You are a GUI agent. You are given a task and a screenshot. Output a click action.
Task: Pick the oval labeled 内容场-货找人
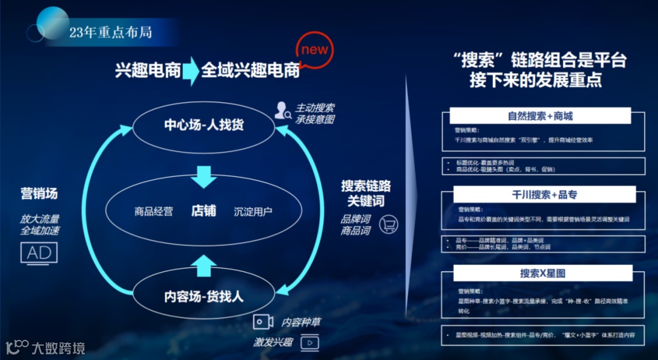coord(203,297)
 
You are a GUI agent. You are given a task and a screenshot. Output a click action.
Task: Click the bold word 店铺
coord(203,211)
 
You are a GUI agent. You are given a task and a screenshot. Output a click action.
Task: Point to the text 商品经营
coord(154,211)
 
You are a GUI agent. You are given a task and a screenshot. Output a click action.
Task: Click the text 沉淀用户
coord(253,211)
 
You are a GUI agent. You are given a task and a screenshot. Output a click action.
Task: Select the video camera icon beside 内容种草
coord(263,322)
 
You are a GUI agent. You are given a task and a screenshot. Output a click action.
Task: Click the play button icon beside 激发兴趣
coord(310,342)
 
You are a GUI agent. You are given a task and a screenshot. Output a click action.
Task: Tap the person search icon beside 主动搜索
coord(283,111)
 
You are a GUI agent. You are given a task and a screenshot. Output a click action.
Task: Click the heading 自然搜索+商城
coord(540,116)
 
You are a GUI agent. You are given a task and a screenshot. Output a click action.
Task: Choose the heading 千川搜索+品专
coord(544,194)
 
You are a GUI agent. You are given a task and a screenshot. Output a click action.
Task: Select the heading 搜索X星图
coord(543,274)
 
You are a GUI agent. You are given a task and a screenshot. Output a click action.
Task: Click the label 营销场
coord(39,194)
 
